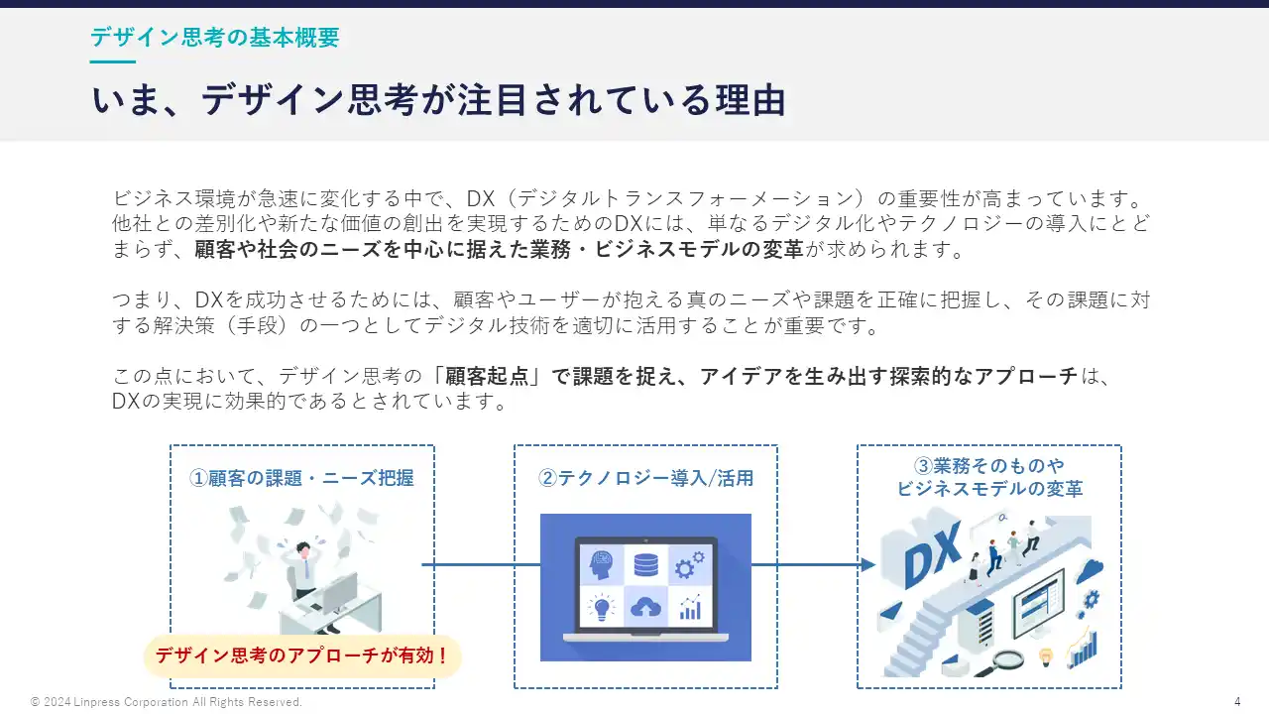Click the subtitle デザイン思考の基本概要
point(215,38)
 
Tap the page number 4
point(1237,702)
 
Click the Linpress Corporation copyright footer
point(167,702)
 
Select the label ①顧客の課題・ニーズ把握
point(302,478)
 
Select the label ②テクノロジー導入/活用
point(645,478)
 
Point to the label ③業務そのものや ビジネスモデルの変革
point(989,477)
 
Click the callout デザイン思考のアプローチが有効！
point(302,655)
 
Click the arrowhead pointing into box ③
point(867,565)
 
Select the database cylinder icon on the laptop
point(645,564)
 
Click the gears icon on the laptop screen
point(689,565)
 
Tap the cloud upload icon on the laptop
point(645,607)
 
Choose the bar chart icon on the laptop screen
point(690,607)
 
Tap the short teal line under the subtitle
point(112,62)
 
